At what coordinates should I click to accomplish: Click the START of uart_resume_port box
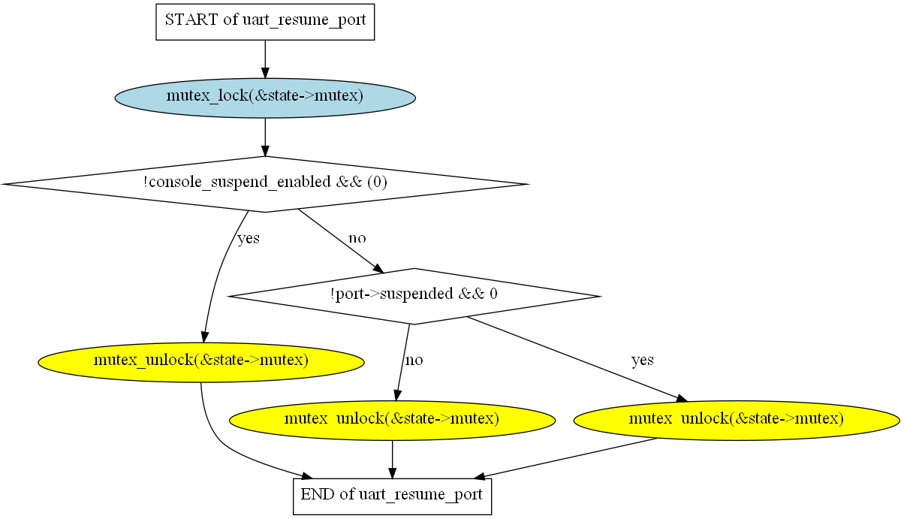265,22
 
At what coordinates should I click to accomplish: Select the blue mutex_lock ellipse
265,98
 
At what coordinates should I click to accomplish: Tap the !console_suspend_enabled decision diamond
265,184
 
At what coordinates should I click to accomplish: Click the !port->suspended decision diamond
414,296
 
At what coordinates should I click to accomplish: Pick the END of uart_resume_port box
392,496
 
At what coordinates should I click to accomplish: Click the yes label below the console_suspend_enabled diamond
249,238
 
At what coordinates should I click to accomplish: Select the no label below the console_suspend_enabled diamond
357,238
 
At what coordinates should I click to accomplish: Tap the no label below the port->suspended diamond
414,360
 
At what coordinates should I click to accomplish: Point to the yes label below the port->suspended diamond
643,360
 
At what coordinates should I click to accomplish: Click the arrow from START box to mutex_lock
265,59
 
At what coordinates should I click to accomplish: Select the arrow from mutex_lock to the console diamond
265,137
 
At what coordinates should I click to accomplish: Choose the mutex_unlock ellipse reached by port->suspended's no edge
392,421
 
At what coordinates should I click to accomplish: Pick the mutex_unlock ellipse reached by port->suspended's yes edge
737,421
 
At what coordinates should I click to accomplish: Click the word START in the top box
191,20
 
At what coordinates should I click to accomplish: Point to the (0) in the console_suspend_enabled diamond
378,182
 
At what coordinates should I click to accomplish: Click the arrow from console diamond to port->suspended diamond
341,241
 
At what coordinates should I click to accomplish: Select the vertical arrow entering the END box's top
392,460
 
